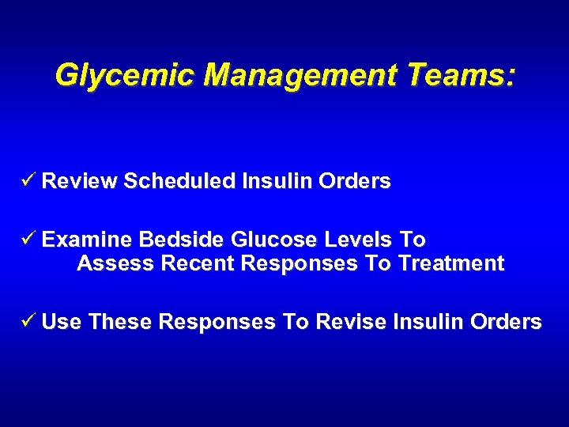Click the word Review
pyautogui.click(x=79, y=182)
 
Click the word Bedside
pyautogui.click(x=176, y=240)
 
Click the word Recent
pyautogui.click(x=197, y=264)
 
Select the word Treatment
pyautogui.click(x=451, y=264)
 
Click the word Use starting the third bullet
pyautogui.click(x=62, y=323)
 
